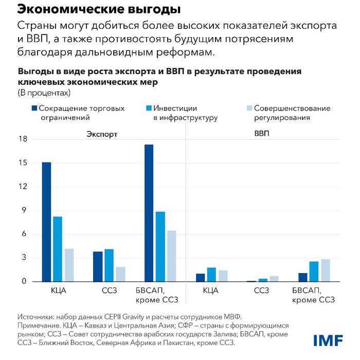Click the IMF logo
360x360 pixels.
pyautogui.click(x=328, y=340)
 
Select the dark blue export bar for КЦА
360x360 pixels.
pyautogui.click(x=46, y=222)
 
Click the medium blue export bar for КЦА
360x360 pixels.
pyautogui.click(x=58, y=249)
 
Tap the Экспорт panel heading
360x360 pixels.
pyautogui.click(x=102, y=134)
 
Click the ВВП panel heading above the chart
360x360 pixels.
pyautogui.click(x=261, y=134)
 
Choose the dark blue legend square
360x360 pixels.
pyautogui.click(x=34, y=109)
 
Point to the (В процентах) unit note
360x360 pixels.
pyautogui.click(x=44, y=93)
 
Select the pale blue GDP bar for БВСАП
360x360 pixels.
pyautogui.click(x=326, y=271)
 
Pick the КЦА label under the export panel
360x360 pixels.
pyautogui.click(x=58, y=291)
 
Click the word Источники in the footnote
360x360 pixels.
pyautogui.click(x=37, y=316)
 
